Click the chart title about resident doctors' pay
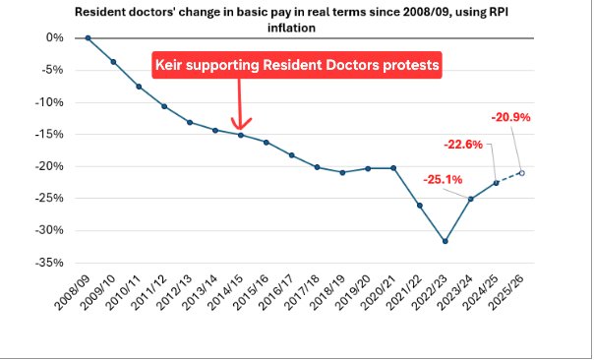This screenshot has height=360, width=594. [296, 20]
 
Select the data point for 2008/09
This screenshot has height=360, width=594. [89, 37]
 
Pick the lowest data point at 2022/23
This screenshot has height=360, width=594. [445, 241]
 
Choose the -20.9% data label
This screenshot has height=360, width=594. [511, 118]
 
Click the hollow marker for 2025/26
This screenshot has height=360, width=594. [521, 173]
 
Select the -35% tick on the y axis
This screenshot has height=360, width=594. [51, 263]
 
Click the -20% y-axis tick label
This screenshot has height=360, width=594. [51, 166]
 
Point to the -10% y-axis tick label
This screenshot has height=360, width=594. [51, 102]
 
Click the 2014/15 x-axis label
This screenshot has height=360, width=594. [226, 293]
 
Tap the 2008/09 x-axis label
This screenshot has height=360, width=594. [74, 293]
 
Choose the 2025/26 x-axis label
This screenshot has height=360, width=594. [506, 293]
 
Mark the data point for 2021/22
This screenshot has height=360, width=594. [420, 206]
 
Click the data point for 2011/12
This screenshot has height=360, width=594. [164, 106]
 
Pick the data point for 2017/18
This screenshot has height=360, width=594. [318, 167]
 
